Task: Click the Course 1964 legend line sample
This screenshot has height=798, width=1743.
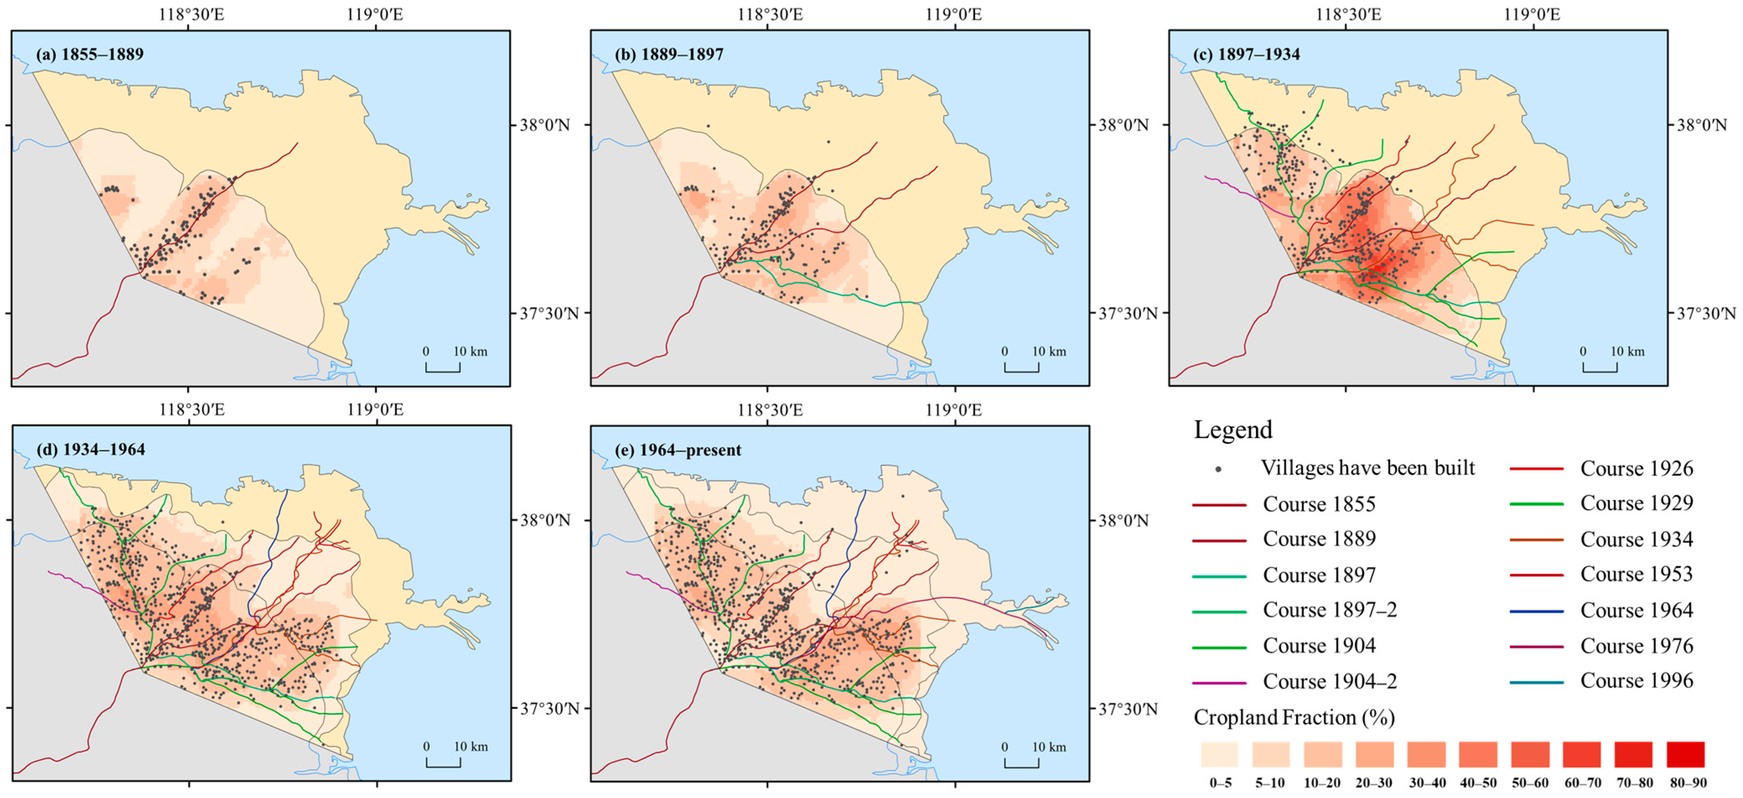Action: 1536,611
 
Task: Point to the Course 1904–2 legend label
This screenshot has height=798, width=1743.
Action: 1329,682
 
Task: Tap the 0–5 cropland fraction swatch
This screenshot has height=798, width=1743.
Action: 1219,754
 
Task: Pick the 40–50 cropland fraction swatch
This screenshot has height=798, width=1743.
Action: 1478,754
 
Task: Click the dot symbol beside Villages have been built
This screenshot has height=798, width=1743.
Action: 1218,469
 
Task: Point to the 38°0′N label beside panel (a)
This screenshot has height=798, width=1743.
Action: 545,125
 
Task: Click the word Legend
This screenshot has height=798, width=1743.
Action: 1233,430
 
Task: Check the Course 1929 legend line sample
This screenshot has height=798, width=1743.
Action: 1536,504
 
